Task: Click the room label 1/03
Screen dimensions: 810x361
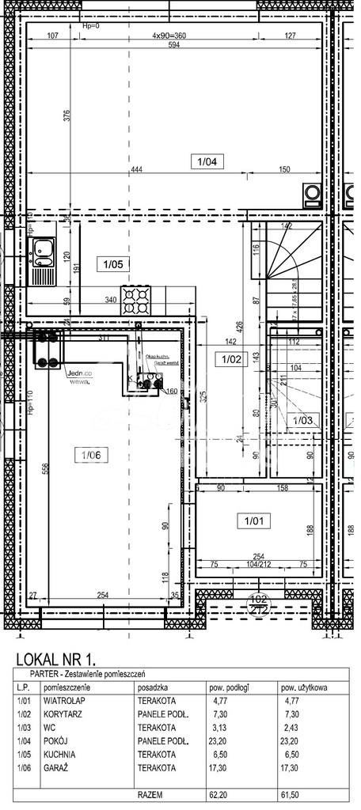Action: [301, 421]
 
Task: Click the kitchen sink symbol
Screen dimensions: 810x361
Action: [41, 252]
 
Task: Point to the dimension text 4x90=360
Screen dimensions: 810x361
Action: [169, 36]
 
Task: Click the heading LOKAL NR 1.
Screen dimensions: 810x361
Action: [55, 657]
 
